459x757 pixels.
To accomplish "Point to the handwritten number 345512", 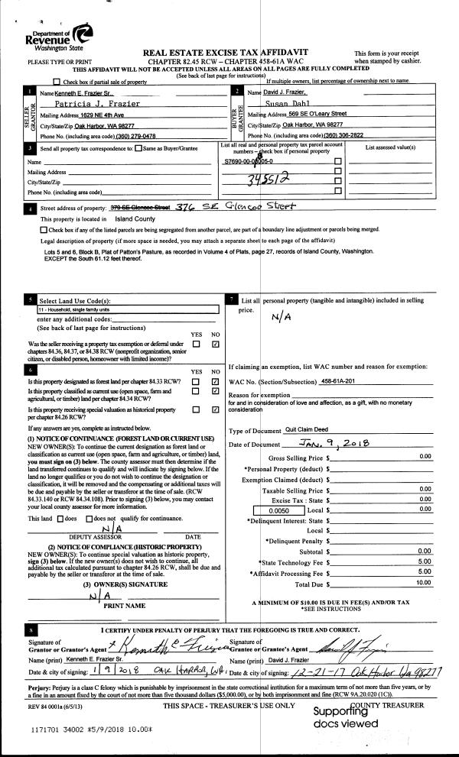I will [x=265, y=180].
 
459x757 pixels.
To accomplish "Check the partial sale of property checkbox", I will [x=56, y=81].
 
